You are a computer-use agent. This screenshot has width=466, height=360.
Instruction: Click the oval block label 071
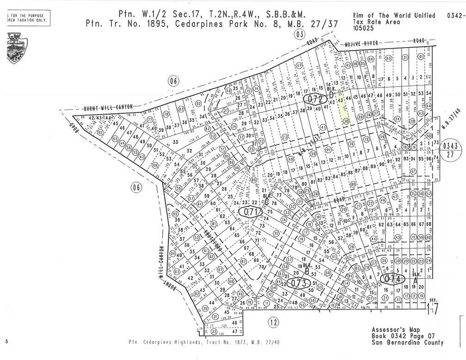[x=250, y=212]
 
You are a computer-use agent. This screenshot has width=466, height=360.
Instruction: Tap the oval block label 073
[x=299, y=283]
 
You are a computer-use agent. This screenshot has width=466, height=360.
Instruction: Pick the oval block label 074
[x=392, y=279]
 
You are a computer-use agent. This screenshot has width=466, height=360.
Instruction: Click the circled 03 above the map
[x=300, y=34]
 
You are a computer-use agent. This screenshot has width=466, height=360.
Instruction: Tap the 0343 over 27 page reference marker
[x=450, y=150]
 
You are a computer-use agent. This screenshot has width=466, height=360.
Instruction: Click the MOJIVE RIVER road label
[x=362, y=43]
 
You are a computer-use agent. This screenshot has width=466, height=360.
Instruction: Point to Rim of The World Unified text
[x=394, y=15]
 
